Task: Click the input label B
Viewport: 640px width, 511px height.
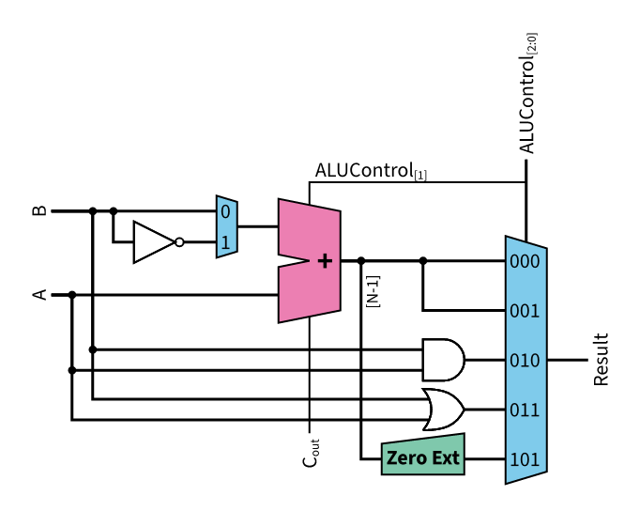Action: pyautogui.click(x=39, y=210)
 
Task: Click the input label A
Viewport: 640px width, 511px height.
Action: pyautogui.click(x=39, y=295)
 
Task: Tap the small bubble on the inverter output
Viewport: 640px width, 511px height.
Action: pyautogui.click(x=179, y=242)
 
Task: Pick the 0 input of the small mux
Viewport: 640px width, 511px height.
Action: pyautogui.click(x=225, y=211)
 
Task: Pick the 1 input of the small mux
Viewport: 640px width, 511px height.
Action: pyautogui.click(x=225, y=242)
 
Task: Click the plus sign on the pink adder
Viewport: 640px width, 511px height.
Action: pyautogui.click(x=325, y=261)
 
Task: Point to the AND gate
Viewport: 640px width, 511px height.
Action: pyautogui.click(x=442, y=360)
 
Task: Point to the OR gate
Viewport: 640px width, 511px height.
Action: pyautogui.click(x=442, y=410)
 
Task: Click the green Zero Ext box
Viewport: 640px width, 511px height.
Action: pyautogui.click(x=422, y=458)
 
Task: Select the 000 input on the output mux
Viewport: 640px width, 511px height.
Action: pyautogui.click(x=525, y=261)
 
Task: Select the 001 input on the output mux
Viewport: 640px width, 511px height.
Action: pyautogui.click(x=525, y=310)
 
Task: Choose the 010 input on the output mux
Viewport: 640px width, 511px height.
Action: pyautogui.click(x=525, y=360)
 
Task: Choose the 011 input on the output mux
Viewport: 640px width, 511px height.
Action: pyautogui.click(x=525, y=410)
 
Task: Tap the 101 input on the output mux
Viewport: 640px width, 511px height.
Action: pyautogui.click(x=525, y=459)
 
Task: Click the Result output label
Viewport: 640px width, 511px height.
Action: pyautogui.click(x=602, y=359)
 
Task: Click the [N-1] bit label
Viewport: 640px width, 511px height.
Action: pyautogui.click(x=373, y=290)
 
